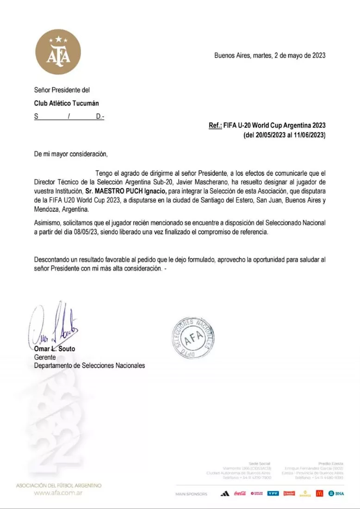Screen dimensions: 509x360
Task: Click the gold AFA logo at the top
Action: (58, 52)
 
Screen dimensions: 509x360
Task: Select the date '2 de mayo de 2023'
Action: (300, 55)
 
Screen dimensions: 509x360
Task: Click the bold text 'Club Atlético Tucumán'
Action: (67, 104)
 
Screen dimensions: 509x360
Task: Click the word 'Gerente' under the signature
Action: (45, 357)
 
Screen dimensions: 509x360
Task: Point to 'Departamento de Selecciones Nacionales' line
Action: (89, 366)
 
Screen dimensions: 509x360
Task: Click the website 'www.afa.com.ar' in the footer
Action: (59, 493)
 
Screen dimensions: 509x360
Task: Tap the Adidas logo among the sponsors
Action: (225, 494)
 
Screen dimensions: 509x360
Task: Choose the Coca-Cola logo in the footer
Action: (240, 494)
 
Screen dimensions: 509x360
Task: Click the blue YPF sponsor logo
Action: (273, 494)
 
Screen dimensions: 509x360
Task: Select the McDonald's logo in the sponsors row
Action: (319, 493)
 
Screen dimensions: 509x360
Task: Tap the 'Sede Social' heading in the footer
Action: (260, 463)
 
